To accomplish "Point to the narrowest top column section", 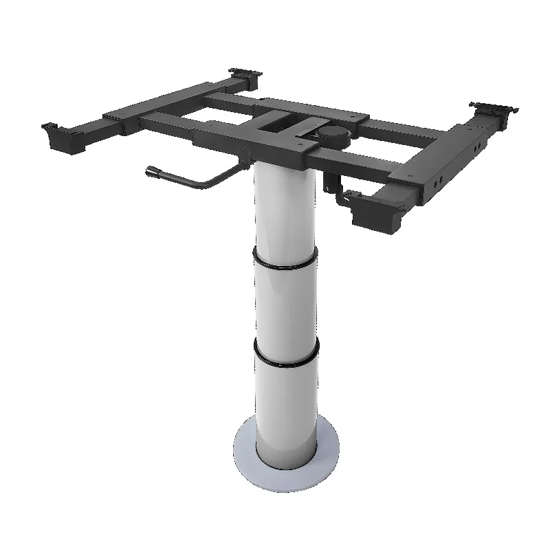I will coord(285,206).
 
